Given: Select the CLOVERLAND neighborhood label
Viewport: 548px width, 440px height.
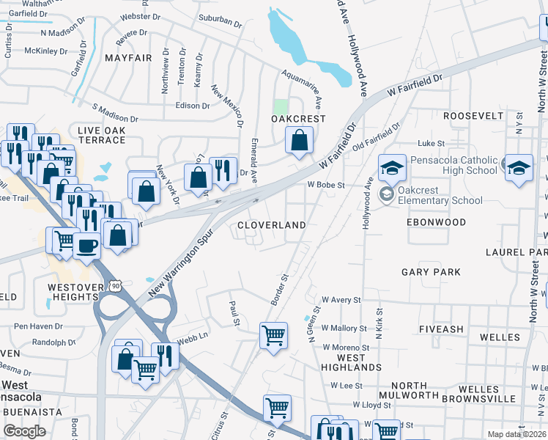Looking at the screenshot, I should (272, 225).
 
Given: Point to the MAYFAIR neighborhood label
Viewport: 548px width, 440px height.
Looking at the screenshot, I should (129, 57).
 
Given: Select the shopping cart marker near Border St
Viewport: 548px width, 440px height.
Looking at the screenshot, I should (274, 336).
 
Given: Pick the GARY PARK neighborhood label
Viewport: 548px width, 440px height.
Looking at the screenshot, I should (431, 272).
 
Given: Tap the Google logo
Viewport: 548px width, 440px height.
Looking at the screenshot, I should (24, 431).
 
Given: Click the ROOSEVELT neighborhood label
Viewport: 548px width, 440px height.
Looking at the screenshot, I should (473, 116).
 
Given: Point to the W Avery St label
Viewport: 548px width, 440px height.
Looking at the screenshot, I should (341, 300).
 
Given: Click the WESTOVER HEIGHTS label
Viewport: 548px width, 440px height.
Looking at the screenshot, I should (73, 293).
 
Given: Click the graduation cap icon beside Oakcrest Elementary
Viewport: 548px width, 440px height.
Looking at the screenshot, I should (392, 169).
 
